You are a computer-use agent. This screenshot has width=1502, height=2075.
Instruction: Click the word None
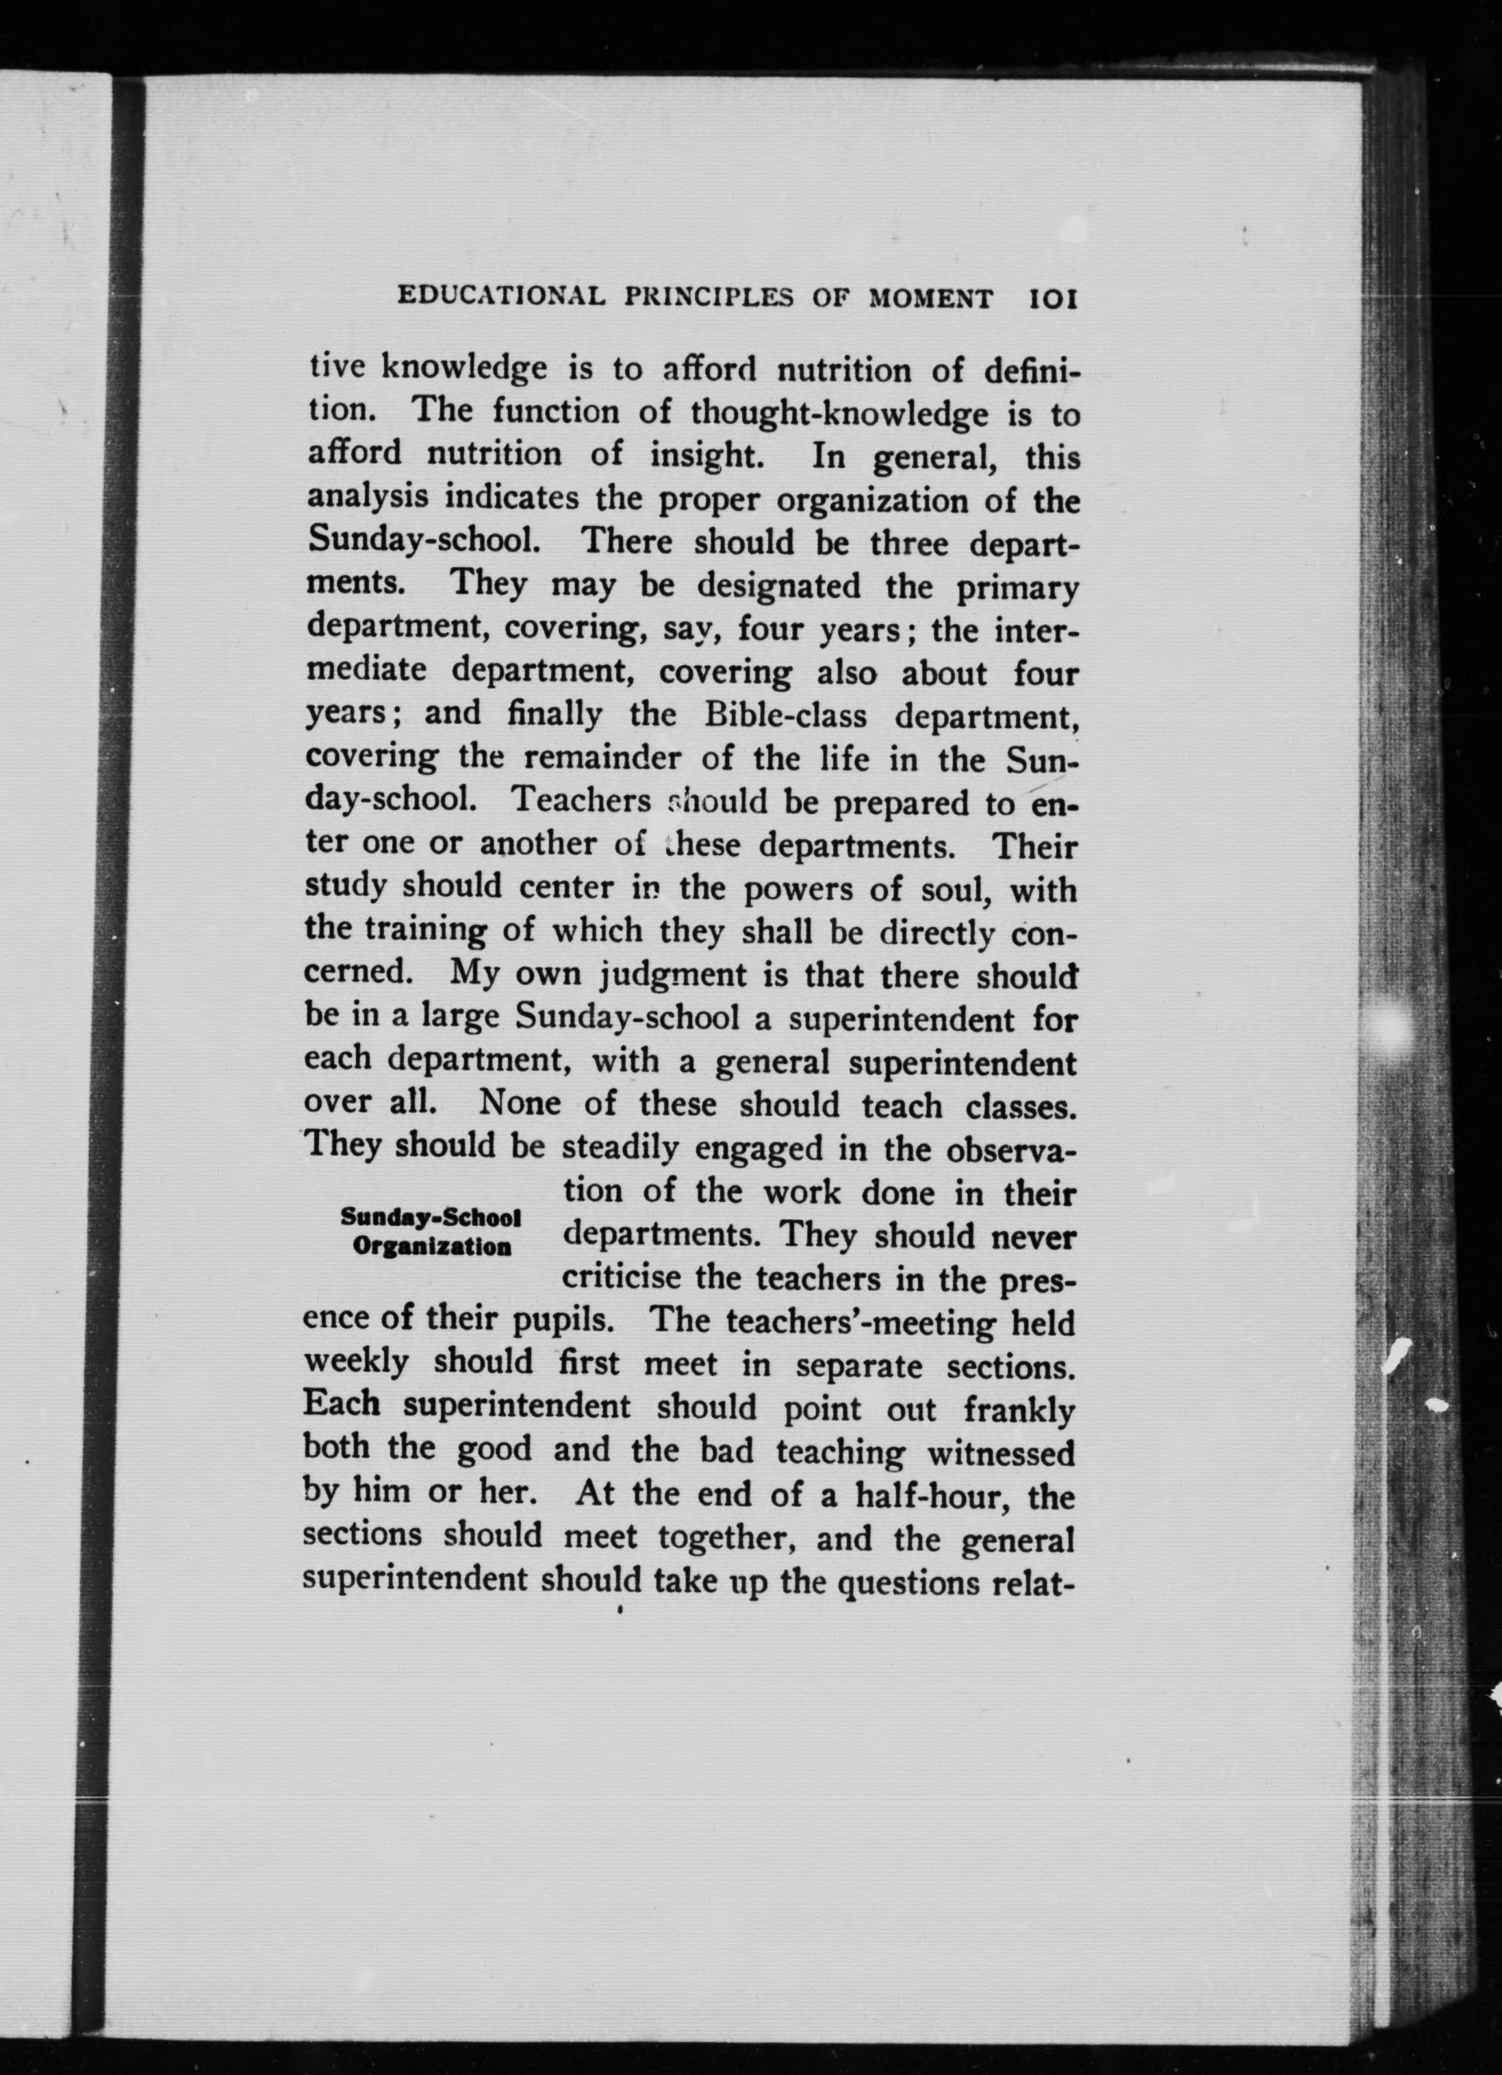pos(519,1104)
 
